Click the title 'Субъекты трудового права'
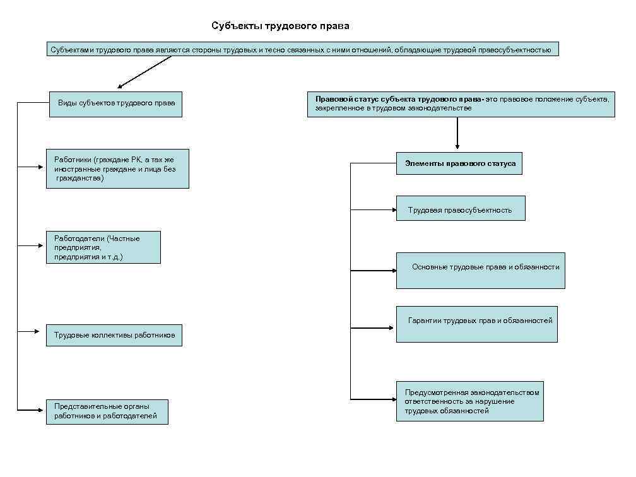click(x=280, y=26)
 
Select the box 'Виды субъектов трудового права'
click(x=116, y=103)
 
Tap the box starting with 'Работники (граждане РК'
click(x=117, y=168)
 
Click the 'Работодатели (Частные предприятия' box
click(x=103, y=247)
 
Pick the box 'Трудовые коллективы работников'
click(x=114, y=335)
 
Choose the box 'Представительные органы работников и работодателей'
click(x=107, y=411)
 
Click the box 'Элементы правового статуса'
click(x=459, y=163)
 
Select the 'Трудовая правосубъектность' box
click(x=460, y=208)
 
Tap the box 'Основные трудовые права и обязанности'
click(x=480, y=270)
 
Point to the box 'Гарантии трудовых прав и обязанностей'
click(x=476, y=324)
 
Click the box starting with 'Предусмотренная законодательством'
click(x=469, y=401)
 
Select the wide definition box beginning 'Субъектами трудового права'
click(x=302, y=49)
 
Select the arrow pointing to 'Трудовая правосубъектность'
click(x=372, y=208)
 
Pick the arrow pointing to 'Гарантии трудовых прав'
click(x=372, y=328)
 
